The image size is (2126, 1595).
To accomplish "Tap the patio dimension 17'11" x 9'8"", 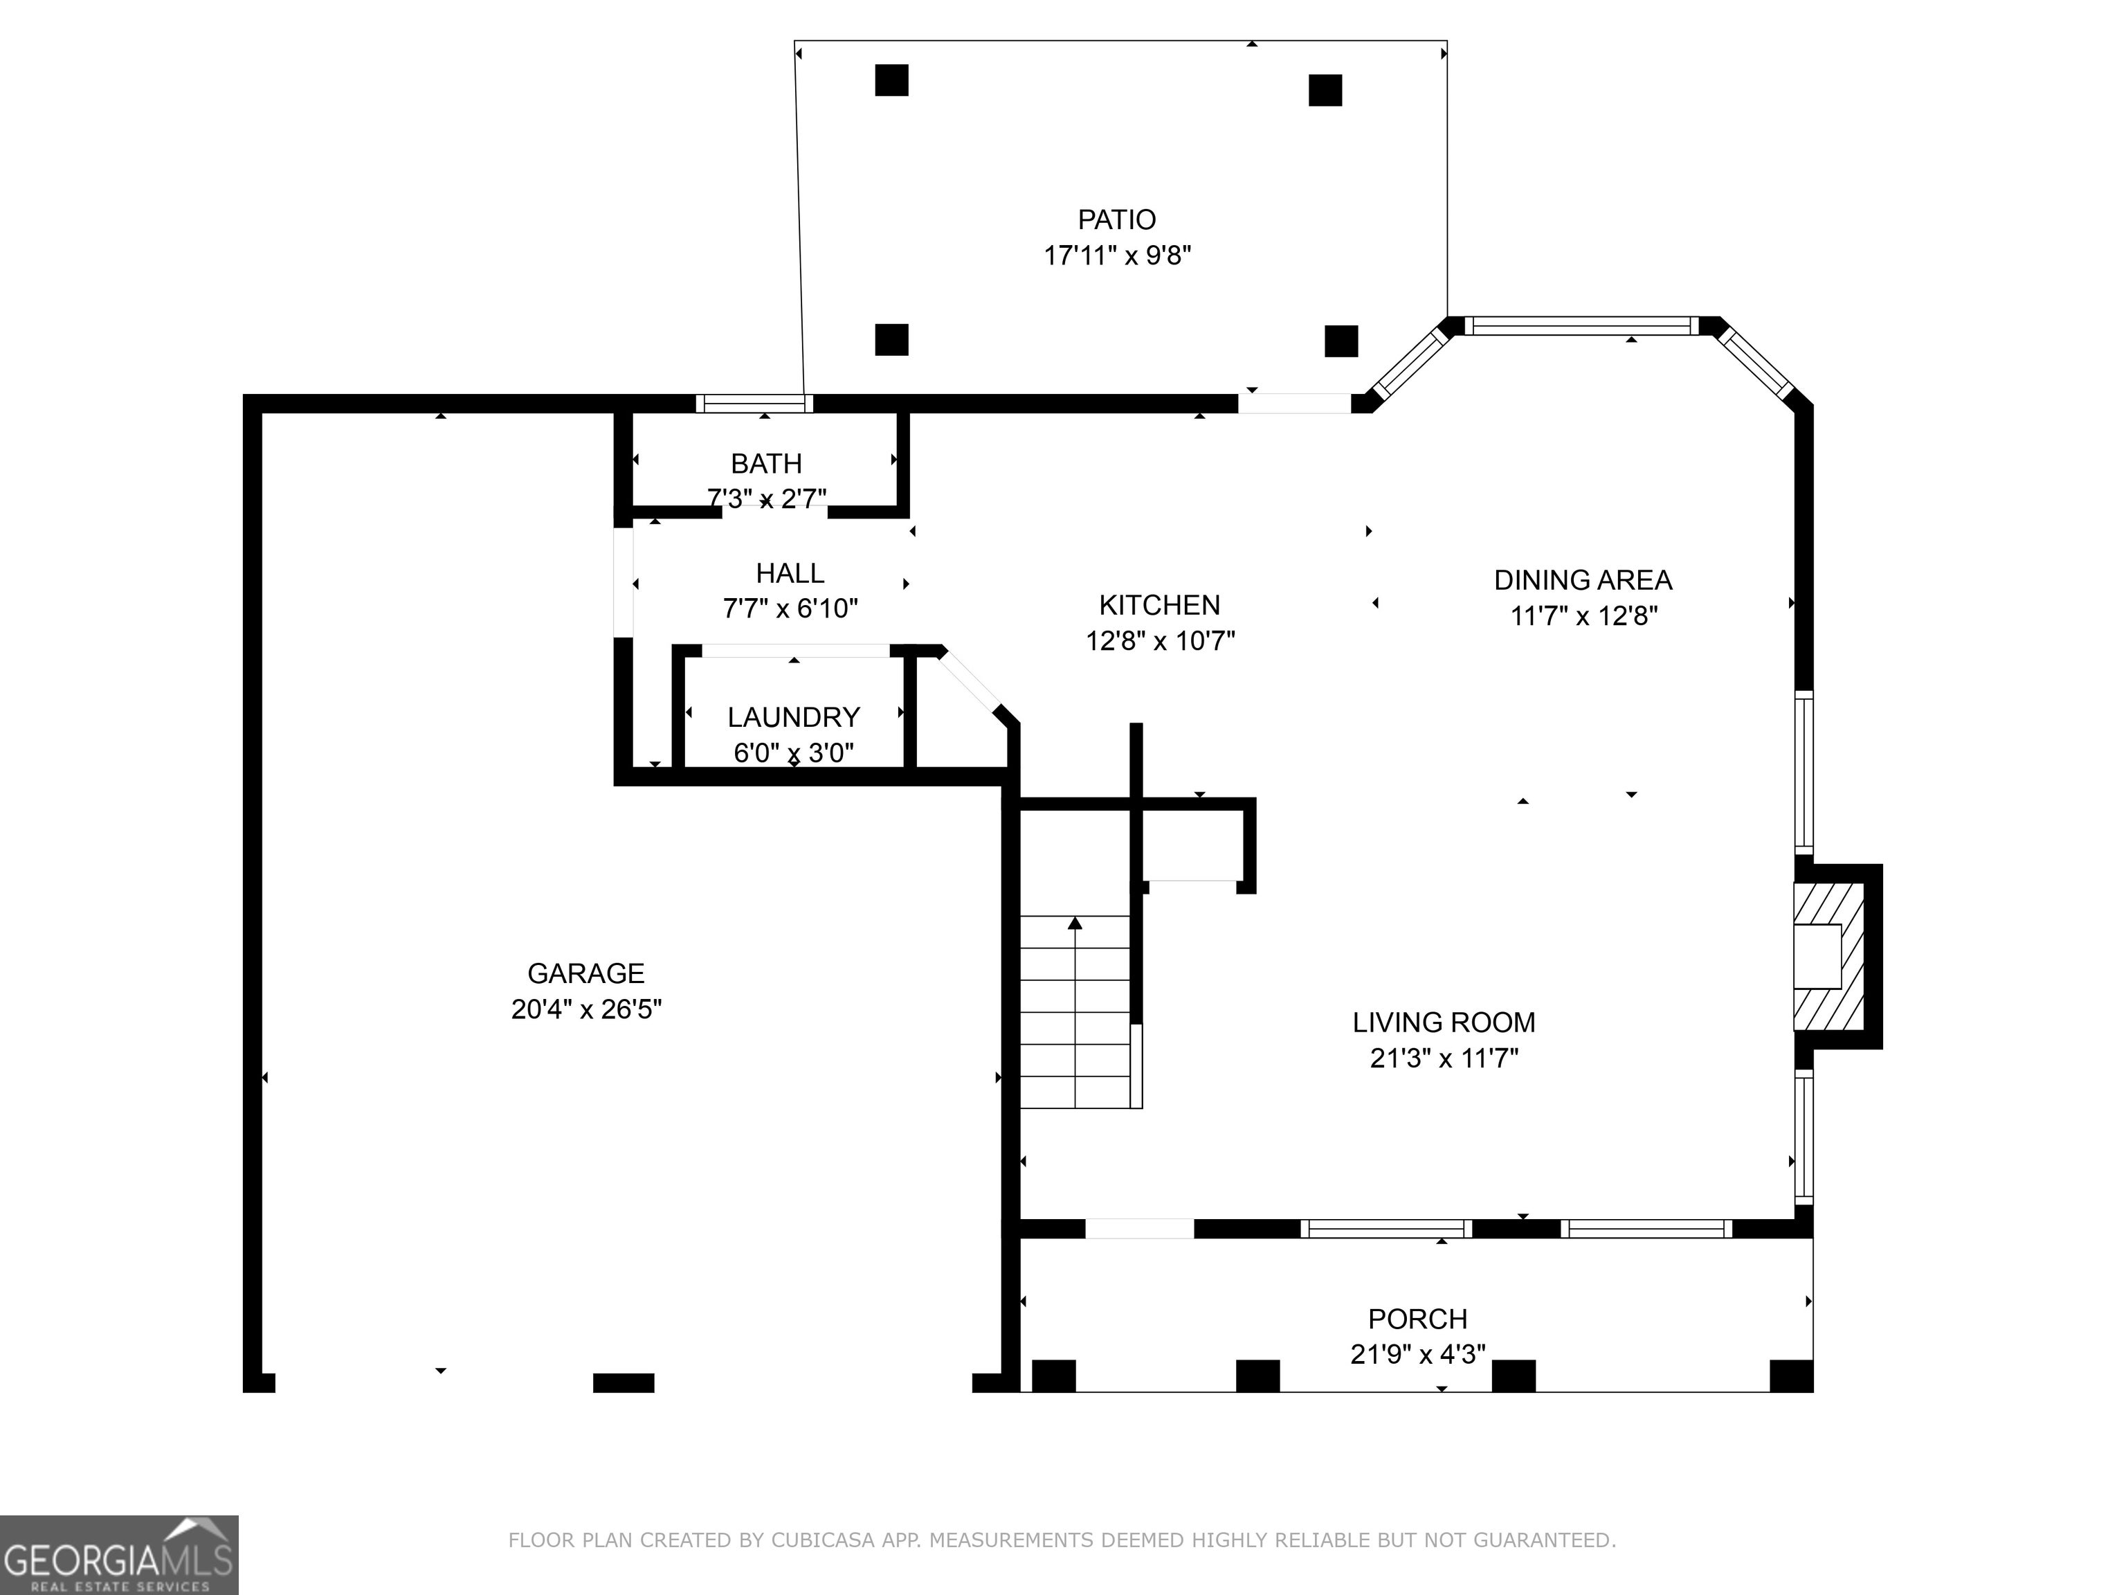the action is point(1117,255).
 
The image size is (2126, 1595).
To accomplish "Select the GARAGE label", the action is point(585,974).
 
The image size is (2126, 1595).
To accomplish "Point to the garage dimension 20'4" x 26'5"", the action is point(586,1009).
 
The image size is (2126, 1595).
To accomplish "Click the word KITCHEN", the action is point(1159,605).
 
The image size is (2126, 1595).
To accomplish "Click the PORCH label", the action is point(1417,1318).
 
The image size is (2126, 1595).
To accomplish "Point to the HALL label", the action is point(790,573).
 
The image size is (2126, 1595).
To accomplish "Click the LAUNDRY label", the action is point(793,717).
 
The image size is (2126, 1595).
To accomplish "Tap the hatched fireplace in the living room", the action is point(1829,957).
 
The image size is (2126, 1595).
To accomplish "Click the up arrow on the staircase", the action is point(1075,923).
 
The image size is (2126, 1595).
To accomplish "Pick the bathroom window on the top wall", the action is point(754,404).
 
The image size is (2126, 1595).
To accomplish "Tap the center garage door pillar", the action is point(623,1382).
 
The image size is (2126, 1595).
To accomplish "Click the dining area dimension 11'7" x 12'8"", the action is point(1584,615).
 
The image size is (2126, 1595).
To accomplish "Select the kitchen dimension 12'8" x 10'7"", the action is point(1160,640).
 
